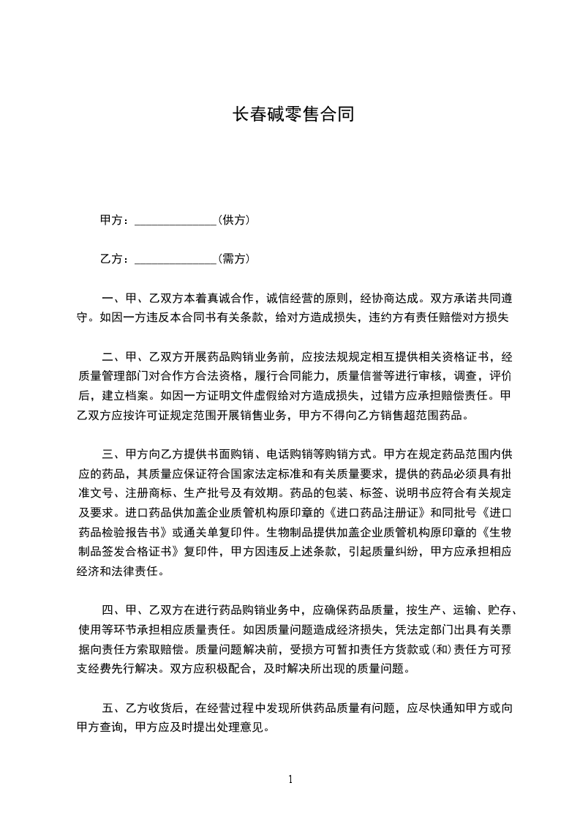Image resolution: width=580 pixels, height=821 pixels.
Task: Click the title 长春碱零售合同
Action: click(x=293, y=115)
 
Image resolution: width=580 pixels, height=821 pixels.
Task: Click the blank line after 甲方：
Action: click(x=176, y=221)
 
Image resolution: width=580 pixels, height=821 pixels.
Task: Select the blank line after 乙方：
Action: click(x=176, y=259)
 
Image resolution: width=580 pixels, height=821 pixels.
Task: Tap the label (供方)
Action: click(x=234, y=220)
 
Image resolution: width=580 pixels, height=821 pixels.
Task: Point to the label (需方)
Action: click(x=234, y=258)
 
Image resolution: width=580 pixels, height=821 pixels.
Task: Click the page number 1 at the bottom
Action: click(x=290, y=780)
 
